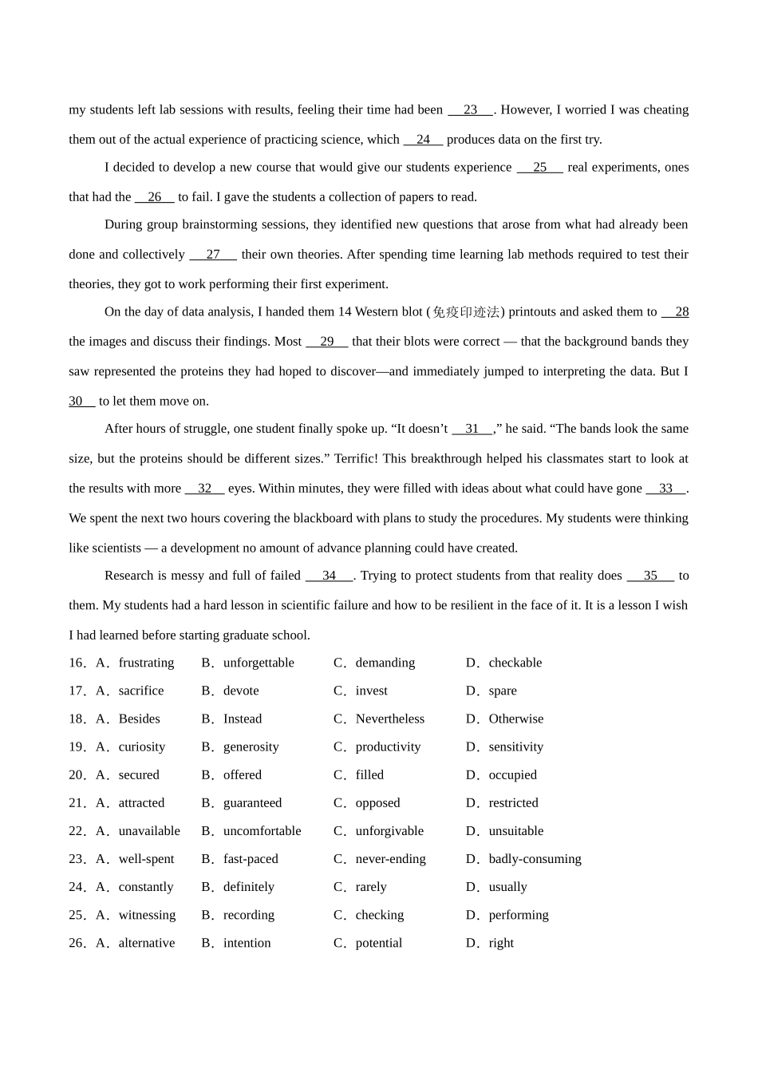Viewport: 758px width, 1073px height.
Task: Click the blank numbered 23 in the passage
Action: (470, 110)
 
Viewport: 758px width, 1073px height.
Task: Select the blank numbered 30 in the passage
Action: (81, 402)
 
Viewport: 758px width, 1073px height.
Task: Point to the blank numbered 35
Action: (650, 576)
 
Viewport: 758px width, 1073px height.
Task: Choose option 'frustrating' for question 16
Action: (146, 663)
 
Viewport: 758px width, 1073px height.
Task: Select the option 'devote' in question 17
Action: (241, 691)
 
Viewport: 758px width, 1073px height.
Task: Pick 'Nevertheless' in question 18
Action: (389, 719)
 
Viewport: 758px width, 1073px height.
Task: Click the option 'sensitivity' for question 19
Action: (515, 747)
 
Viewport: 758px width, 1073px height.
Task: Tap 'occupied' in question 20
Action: (512, 775)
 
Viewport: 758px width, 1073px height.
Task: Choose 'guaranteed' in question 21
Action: (252, 803)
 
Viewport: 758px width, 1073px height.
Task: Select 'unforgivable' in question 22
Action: (389, 831)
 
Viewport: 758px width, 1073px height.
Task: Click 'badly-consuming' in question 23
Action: (535, 859)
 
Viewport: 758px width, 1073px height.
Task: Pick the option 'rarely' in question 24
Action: (371, 887)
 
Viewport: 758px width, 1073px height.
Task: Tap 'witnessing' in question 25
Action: (147, 915)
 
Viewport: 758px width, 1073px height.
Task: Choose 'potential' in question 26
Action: (379, 943)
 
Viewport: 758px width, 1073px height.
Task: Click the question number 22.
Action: (77, 831)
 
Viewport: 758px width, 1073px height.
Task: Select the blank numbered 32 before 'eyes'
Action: (205, 489)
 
